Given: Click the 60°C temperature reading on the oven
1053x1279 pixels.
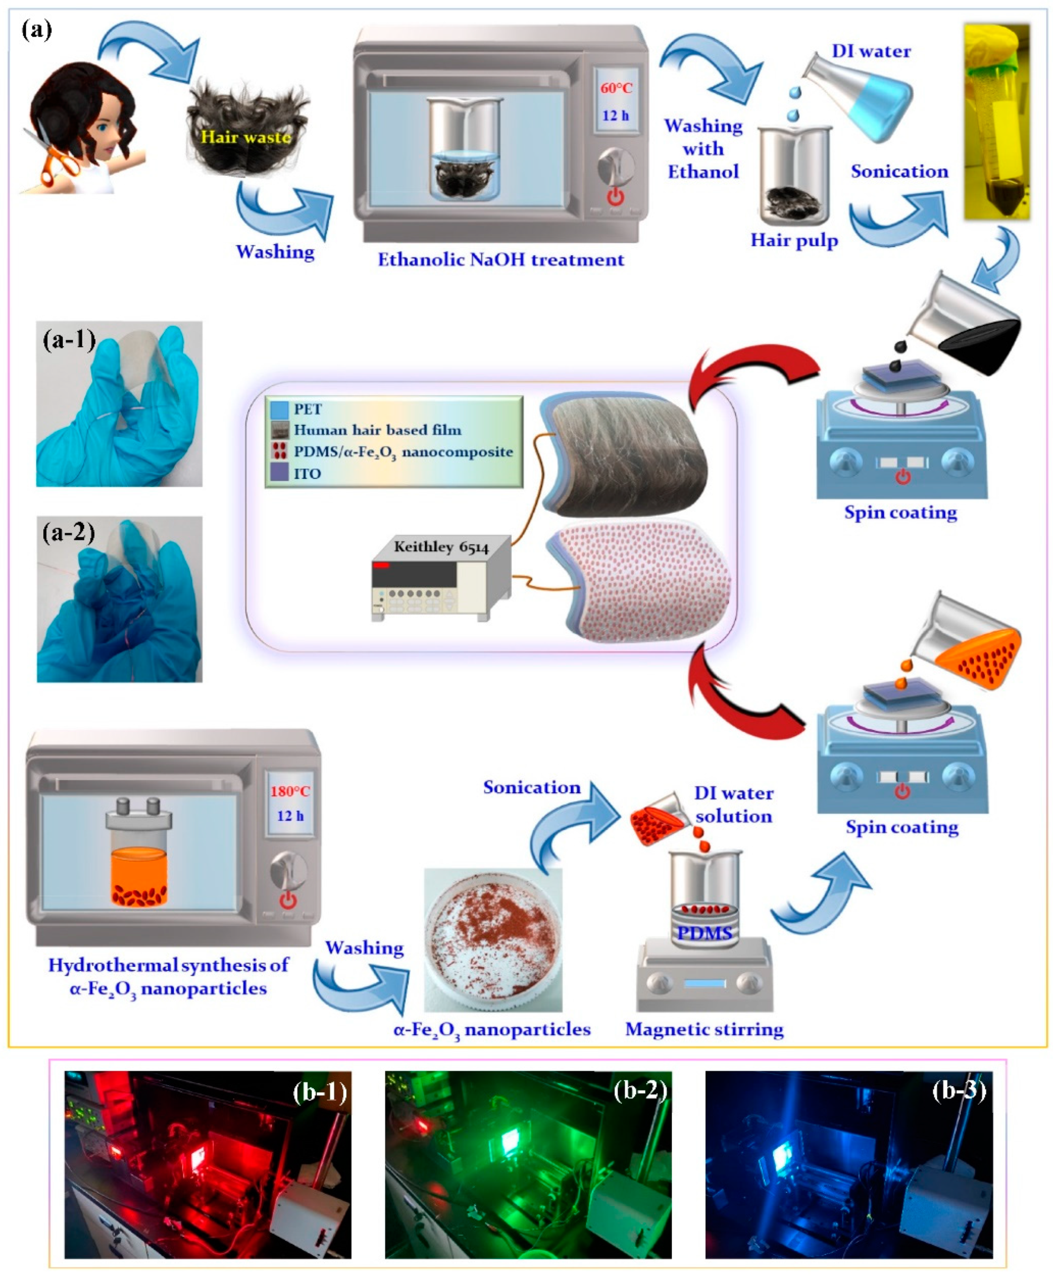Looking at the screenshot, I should (616, 88).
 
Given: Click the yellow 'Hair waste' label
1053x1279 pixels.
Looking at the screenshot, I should (246, 137).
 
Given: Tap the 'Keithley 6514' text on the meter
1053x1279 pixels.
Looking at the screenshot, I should (441, 547).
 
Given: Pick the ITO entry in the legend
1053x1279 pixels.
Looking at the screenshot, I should (307, 474).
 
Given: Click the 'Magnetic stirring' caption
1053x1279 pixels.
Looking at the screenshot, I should (704, 1029).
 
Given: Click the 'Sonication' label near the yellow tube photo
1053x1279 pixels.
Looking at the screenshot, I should (899, 172).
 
